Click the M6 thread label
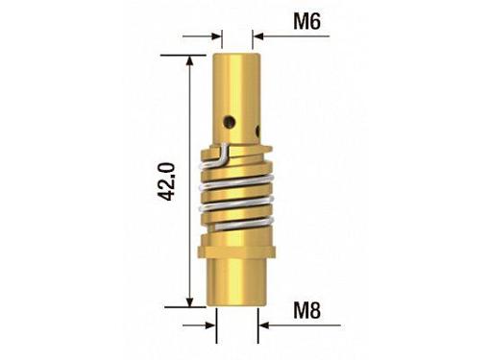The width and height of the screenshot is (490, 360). (306, 22)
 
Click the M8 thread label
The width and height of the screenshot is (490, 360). (306, 310)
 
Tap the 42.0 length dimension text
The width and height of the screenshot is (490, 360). (167, 181)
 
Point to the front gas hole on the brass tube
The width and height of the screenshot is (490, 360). (230, 121)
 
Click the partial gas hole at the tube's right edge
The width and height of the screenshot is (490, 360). (257, 131)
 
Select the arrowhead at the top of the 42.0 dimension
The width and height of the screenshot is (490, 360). (190, 60)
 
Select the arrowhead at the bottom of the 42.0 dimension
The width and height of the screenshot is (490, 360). (190, 301)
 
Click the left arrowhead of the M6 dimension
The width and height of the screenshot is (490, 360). (216, 36)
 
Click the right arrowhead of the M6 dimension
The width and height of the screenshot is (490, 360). (258, 36)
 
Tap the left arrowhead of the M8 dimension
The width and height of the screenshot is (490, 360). (211, 325)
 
